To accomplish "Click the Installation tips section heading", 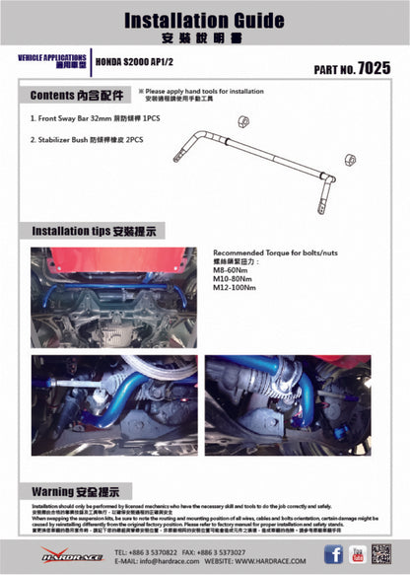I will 98,230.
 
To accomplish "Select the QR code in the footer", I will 383,554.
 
